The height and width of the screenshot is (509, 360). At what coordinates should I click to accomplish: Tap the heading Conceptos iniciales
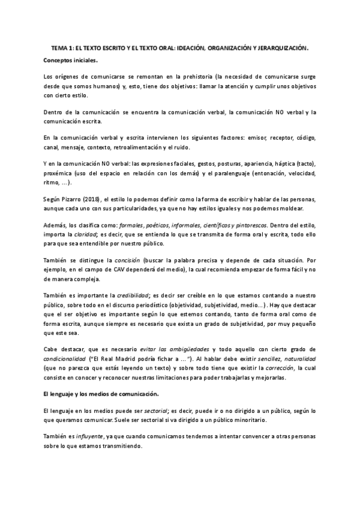coord(70,61)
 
